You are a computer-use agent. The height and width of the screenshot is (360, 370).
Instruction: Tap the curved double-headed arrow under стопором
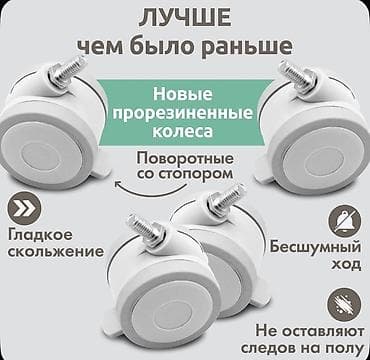click(184, 195)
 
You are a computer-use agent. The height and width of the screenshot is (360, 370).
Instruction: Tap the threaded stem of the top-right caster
click(295, 73)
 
